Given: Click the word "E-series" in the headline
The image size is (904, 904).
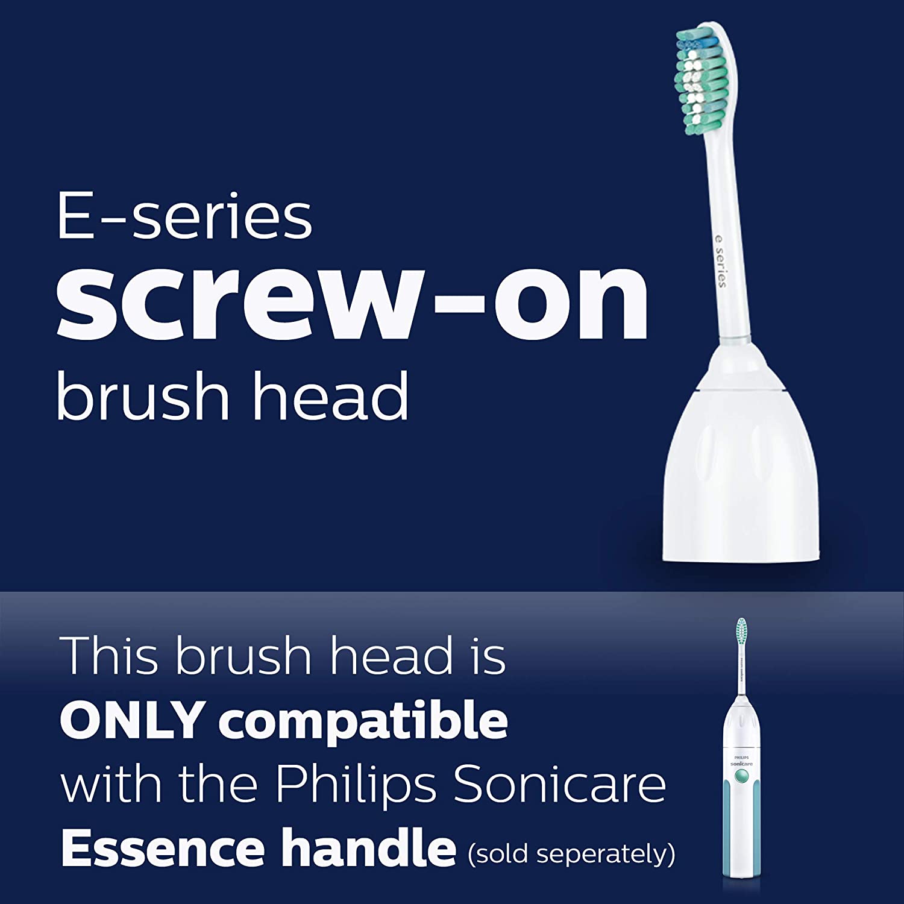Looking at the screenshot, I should pos(184,217).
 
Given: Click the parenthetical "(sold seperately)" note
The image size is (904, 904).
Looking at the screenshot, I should pos(571,853).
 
